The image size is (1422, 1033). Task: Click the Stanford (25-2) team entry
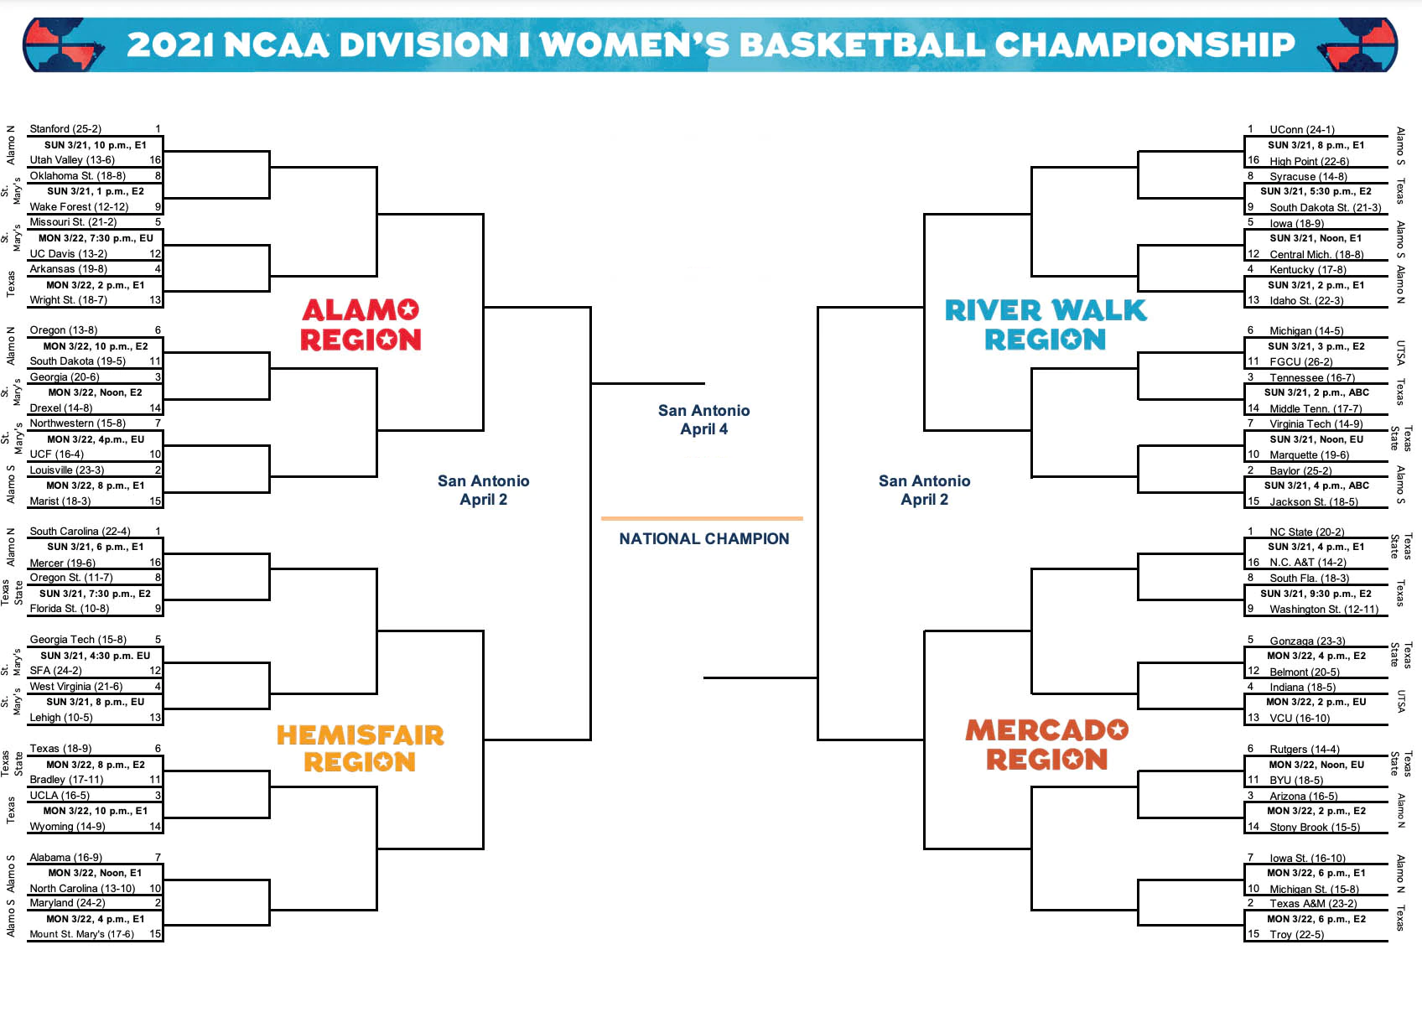(65, 129)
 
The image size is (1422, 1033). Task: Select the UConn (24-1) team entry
(1301, 130)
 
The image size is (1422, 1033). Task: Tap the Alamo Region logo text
(361, 324)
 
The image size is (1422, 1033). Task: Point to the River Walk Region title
(1046, 324)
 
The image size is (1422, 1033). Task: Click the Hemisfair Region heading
(361, 748)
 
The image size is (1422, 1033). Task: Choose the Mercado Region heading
(1046, 745)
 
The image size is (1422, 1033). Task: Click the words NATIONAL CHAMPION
(703, 539)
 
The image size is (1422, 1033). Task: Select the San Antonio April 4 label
(703, 419)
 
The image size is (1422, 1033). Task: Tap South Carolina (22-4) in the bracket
(80, 532)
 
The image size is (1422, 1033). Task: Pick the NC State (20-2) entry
(1306, 532)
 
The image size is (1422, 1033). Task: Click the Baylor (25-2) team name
(1300, 471)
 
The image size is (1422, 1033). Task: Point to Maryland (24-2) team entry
(67, 903)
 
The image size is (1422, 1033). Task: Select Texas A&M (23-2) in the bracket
(1312, 904)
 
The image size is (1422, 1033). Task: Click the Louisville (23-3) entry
(67, 470)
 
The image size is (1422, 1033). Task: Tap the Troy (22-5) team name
(1296, 935)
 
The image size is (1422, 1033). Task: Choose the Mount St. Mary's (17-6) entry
(81, 934)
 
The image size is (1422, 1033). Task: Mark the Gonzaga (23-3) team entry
(1307, 641)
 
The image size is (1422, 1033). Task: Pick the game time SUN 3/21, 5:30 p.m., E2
(1316, 191)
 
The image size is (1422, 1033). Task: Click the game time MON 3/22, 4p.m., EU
(96, 439)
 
